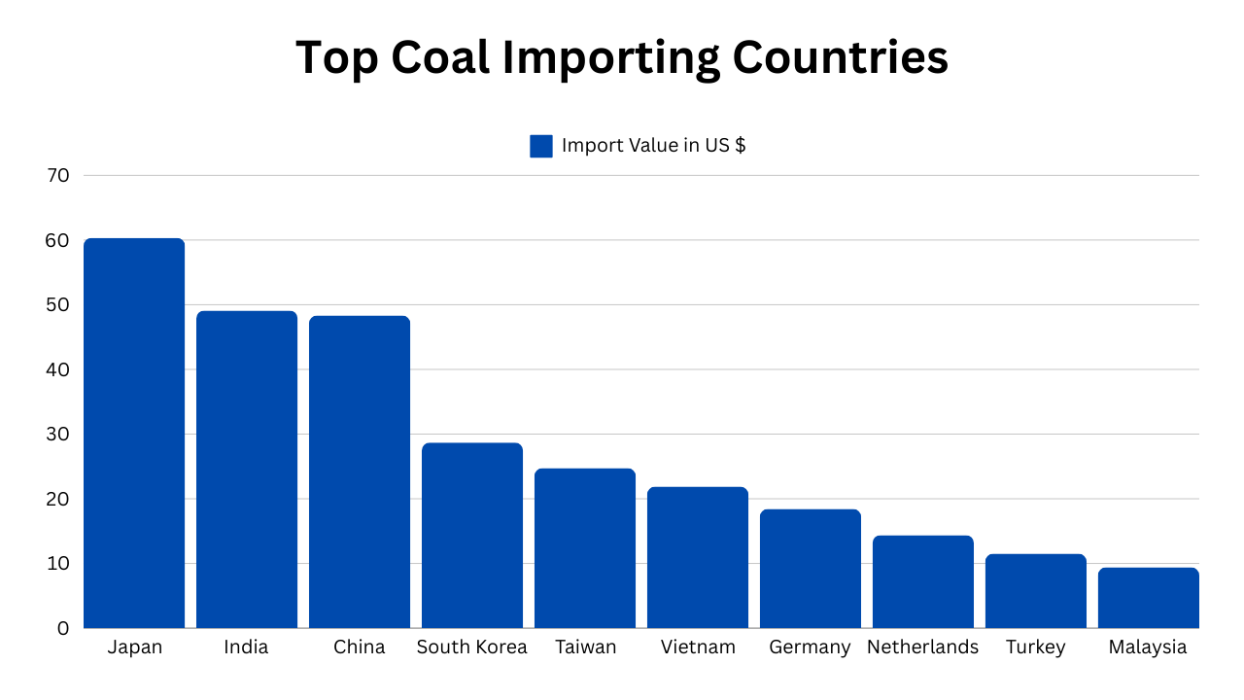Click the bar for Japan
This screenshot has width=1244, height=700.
point(134,433)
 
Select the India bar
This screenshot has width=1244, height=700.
point(247,469)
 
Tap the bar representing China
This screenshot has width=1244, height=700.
point(360,472)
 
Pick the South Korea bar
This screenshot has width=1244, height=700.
point(472,535)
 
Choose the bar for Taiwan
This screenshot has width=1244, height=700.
point(585,547)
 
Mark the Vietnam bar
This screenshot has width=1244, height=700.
point(698,557)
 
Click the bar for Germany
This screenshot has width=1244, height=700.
point(811,568)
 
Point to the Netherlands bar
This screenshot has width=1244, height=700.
point(923,581)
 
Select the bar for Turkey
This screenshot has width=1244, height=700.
point(1036,590)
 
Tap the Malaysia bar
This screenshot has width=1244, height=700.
point(1149,597)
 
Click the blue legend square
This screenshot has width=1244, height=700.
point(541,146)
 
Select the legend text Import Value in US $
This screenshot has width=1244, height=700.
point(653,146)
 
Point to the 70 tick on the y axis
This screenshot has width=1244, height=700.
point(57,176)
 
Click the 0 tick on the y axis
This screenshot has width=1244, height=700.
point(63,628)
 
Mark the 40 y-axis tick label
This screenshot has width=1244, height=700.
point(57,369)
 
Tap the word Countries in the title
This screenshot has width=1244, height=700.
point(840,58)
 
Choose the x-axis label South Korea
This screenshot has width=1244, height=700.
point(472,647)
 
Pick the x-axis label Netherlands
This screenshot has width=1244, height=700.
point(923,647)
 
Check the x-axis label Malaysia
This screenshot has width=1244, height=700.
point(1148,647)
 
